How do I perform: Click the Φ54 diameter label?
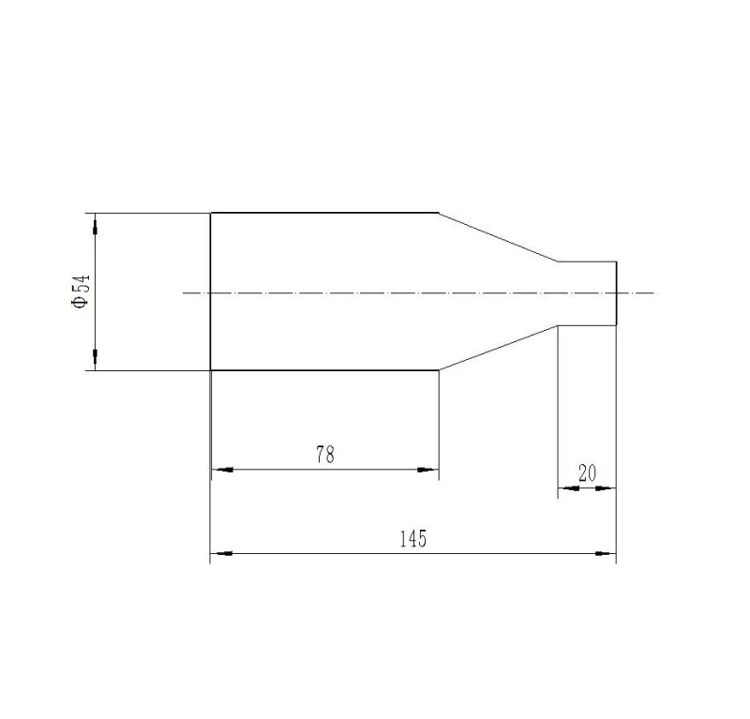tap(81, 292)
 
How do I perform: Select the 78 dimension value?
tap(325, 455)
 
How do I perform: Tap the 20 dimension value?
tap(588, 473)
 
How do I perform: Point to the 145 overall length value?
tap(412, 539)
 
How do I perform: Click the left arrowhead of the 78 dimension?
tap(222, 470)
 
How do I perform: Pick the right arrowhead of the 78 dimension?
tap(427, 470)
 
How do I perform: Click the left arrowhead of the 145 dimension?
tap(221, 553)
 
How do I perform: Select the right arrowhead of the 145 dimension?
tap(606, 553)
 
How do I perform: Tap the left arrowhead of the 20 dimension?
tap(569, 488)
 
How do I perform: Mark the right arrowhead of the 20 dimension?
tap(606, 488)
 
